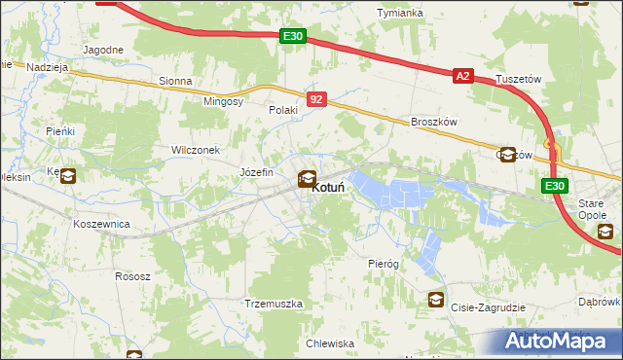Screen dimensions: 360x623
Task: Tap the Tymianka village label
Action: [x=401, y=13]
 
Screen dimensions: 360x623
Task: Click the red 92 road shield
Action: [x=316, y=99]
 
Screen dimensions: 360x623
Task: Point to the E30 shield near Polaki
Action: [x=292, y=36]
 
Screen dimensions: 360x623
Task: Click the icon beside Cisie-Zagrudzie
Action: [x=434, y=300]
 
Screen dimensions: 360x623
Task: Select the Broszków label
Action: [x=434, y=122]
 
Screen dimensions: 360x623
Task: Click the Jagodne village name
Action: [x=103, y=50]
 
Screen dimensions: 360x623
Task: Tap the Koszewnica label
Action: [x=101, y=223]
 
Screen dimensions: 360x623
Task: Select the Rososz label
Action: [x=132, y=276]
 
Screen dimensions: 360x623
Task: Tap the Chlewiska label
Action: [x=329, y=343]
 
